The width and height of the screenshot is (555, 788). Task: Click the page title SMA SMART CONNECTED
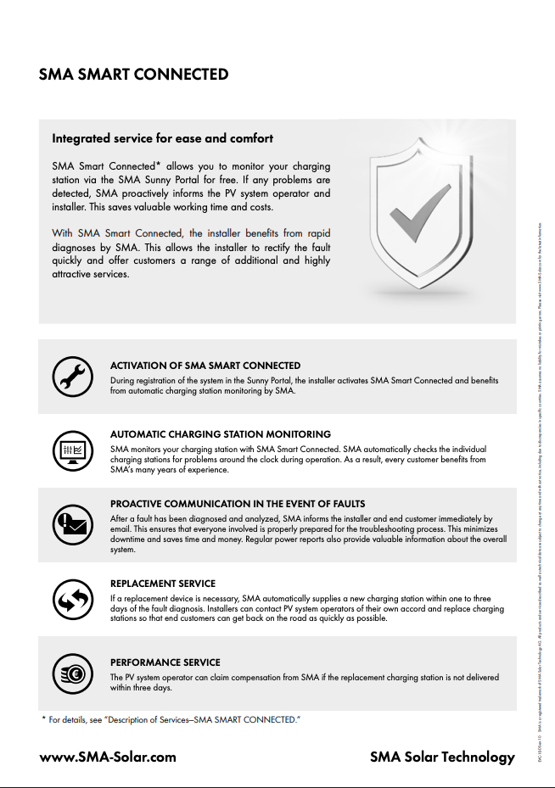[133, 75]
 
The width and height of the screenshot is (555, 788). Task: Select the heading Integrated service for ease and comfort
[162, 137]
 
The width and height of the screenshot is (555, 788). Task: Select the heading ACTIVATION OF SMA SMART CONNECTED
[205, 366]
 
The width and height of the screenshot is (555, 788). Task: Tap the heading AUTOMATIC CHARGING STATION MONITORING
[221, 434]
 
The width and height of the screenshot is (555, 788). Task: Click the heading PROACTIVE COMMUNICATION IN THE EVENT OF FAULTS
[238, 504]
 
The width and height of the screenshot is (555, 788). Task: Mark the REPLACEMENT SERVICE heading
[163, 584]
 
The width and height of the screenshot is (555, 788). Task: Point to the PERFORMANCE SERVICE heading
[165, 662]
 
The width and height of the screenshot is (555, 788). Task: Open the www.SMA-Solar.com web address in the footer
[108, 757]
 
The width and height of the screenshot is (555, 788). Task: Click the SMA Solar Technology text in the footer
[442, 757]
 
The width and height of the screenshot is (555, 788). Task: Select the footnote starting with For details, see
[175, 720]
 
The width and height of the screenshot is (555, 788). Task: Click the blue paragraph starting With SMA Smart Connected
[191, 254]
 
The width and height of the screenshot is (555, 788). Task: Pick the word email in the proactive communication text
[123, 528]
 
